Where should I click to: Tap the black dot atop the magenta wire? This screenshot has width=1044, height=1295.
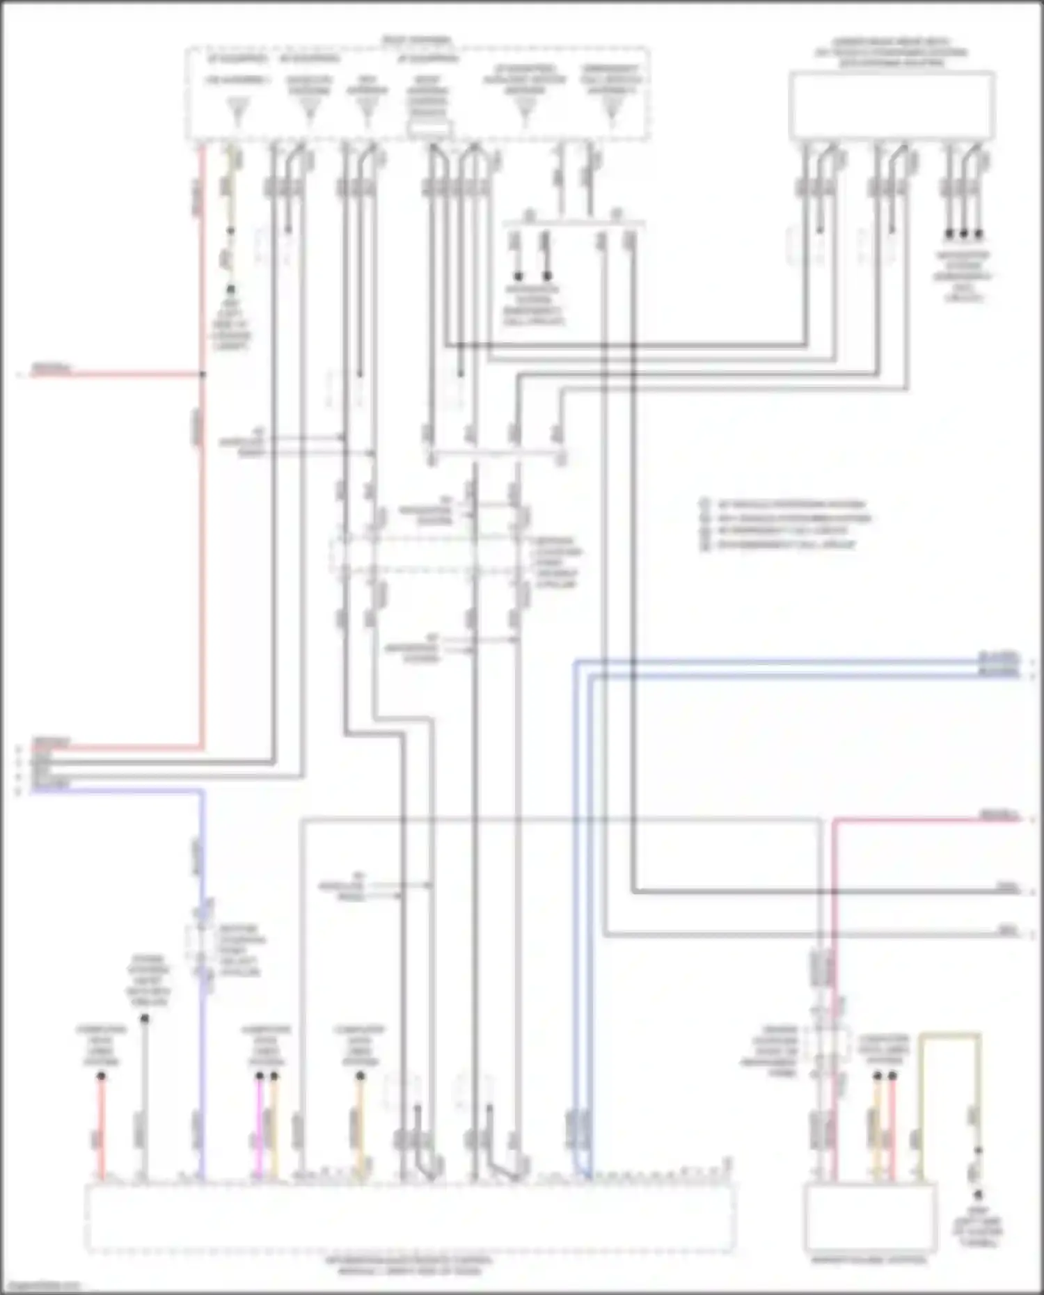(259, 1076)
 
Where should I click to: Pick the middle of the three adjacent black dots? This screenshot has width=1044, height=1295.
(963, 235)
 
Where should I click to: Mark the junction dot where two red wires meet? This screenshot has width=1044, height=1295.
(203, 375)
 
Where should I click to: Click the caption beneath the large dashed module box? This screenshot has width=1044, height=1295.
(410, 1266)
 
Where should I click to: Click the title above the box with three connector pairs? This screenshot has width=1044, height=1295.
(891, 52)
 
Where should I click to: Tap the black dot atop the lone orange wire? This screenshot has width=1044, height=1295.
(361, 1076)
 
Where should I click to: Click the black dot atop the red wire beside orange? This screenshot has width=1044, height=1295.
(892, 1076)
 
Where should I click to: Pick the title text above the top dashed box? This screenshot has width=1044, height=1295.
(418, 40)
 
